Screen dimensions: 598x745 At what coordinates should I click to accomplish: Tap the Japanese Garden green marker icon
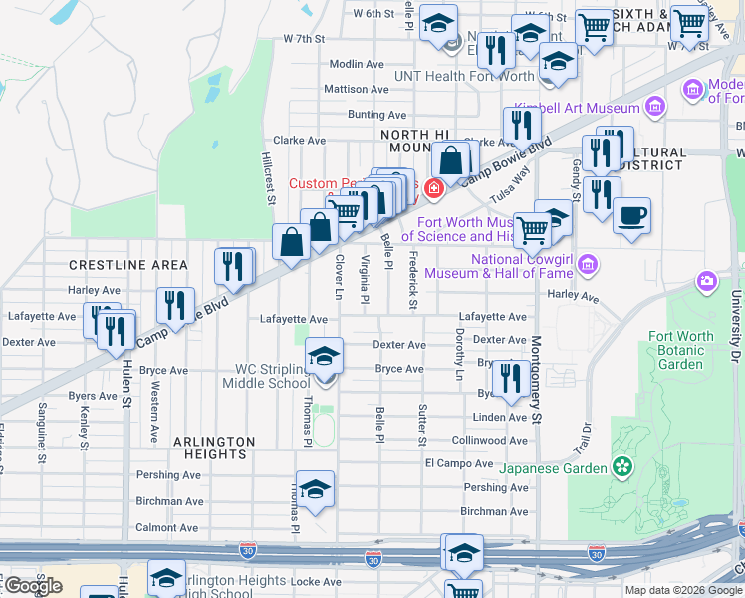(623, 466)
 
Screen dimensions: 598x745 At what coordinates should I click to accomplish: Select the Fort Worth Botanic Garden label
(681, 350)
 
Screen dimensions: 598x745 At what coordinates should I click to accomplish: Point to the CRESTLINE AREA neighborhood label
(127, 265)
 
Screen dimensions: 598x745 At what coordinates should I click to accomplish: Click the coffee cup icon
(630, 215)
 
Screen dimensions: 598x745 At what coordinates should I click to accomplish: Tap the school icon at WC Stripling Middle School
(324, 355)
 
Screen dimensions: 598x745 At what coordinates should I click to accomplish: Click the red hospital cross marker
(434, 187)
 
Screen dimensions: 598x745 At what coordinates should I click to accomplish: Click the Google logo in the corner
(33, 586)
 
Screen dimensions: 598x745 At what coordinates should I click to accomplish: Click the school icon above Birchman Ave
(315, 488)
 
